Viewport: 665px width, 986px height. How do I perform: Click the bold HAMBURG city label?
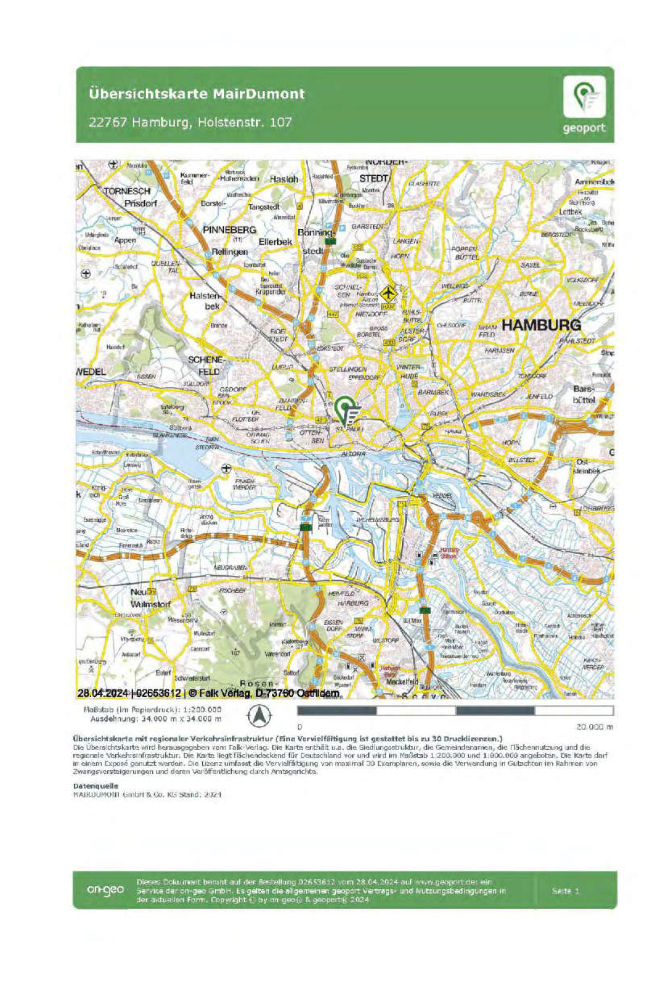[x=541, y=325]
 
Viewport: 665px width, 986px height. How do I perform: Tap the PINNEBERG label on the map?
[x=229, y=230]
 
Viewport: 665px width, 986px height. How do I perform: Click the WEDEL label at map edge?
[x=90, y=372]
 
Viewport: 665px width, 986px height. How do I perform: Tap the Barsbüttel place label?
[x=584, y=394]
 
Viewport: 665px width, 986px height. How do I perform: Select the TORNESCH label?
[x=127, y=191]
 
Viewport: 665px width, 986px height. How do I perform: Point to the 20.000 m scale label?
[x=594, y=727]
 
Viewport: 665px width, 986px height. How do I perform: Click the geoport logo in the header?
[x=584, y=104]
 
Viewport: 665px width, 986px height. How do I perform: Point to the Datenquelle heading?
[x=96, y=785]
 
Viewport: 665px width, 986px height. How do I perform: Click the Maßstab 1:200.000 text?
[x=153, y=709]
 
